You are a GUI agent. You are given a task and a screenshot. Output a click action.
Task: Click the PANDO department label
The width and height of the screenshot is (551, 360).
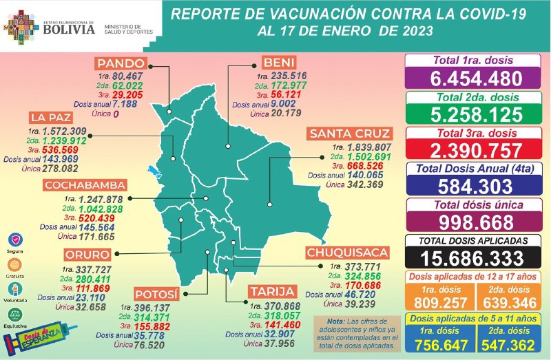(123, 63)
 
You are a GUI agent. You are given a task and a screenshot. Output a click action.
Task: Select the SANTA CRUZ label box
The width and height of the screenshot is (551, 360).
(350, 134)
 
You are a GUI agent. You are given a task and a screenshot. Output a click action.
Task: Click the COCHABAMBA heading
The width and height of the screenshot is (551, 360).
(85, 185)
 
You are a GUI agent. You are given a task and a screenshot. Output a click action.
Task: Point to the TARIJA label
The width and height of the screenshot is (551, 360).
(273, 291)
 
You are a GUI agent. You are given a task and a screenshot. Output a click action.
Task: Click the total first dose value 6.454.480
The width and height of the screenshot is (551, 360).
(477, 78)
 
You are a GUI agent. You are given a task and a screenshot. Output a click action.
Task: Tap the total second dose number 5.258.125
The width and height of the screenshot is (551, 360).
(477, 114)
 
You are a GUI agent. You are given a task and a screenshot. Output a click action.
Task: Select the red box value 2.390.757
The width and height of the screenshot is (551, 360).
(477, 149)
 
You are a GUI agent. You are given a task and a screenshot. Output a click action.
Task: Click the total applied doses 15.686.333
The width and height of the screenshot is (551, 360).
(477, 257)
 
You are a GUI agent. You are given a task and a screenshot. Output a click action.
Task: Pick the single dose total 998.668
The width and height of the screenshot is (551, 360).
(477, 222)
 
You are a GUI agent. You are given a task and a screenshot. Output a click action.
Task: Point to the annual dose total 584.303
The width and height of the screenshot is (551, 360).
(477, 186)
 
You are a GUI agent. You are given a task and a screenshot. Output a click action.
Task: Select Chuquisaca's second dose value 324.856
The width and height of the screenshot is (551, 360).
(362, 274)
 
